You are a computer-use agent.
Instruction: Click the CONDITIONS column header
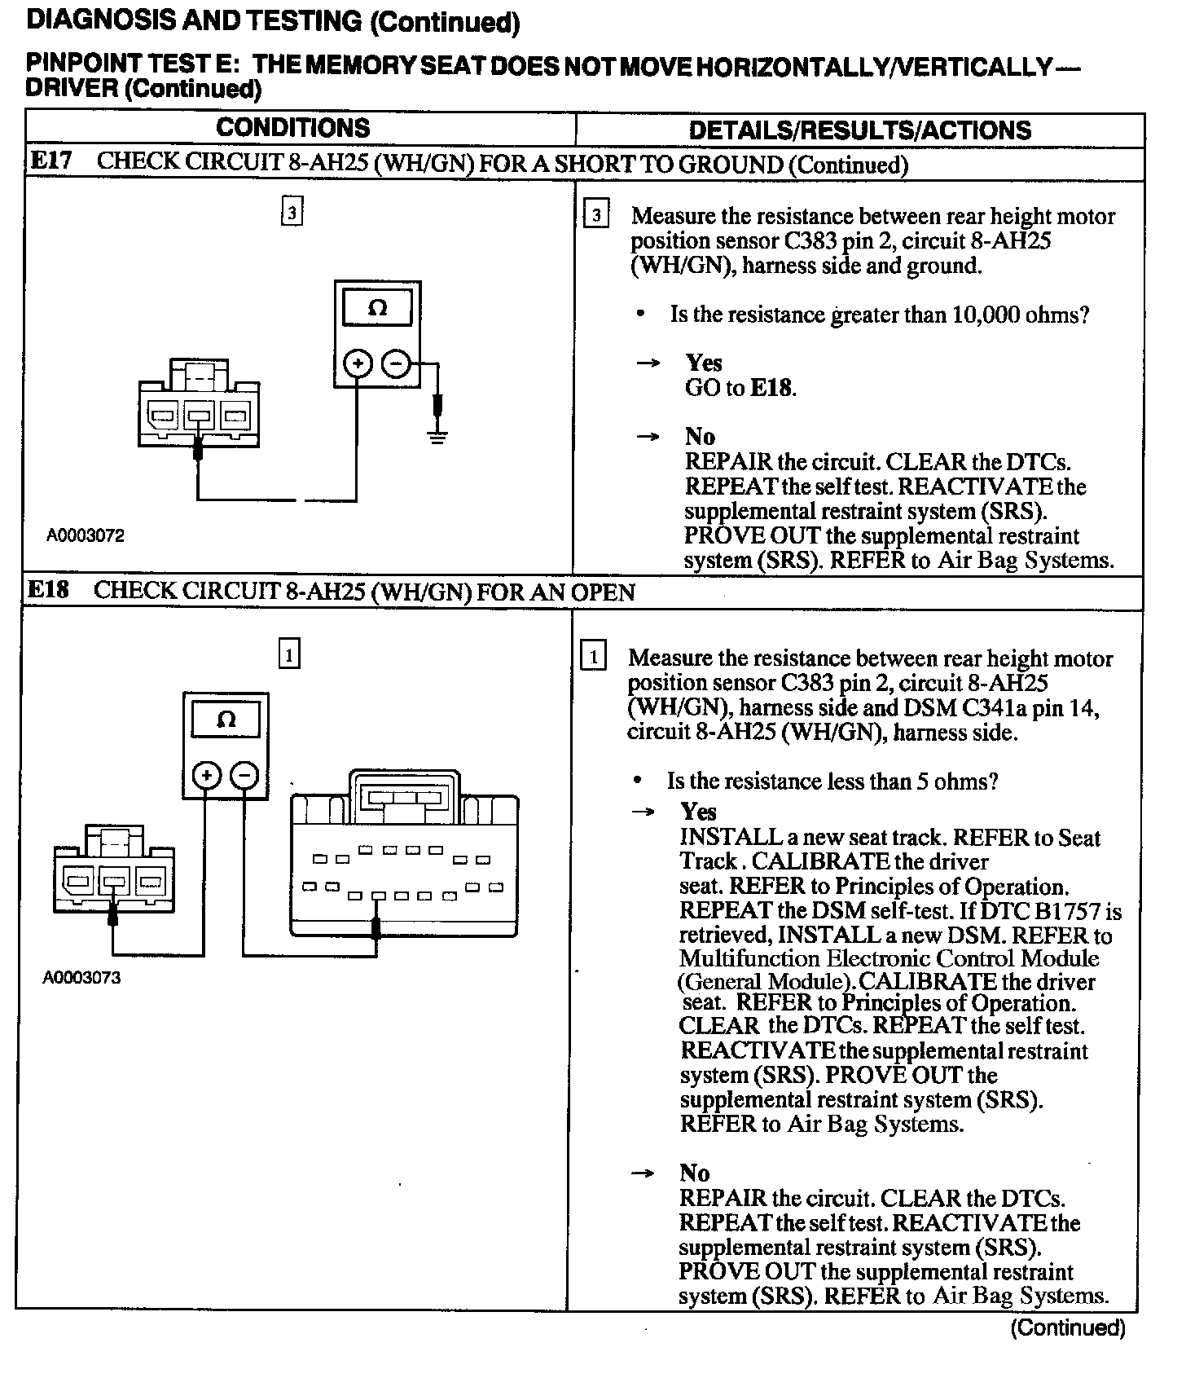click(292, 128)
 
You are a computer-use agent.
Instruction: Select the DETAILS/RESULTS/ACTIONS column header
click(859, 130)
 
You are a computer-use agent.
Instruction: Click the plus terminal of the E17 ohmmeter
click(357, 363)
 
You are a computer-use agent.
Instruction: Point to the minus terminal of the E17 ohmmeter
click(396, 363)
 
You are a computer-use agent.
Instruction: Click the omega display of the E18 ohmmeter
click(226, 720)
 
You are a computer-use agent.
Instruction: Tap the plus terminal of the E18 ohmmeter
click(207, 774)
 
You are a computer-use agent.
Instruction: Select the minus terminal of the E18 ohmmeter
click(245, 774)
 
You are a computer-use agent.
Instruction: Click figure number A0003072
click(85, 536)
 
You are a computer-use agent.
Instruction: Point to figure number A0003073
click(81, 978)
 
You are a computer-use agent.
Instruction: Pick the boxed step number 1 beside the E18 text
click(592, 657)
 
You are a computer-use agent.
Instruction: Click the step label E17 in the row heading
click(51, 161)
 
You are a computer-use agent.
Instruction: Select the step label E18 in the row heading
click(49, 591)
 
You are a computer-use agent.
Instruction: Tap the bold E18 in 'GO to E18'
click(771, 388)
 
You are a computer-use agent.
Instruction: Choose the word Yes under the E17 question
click(704, 363)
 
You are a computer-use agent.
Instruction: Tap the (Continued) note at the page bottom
click(1067, 1328)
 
